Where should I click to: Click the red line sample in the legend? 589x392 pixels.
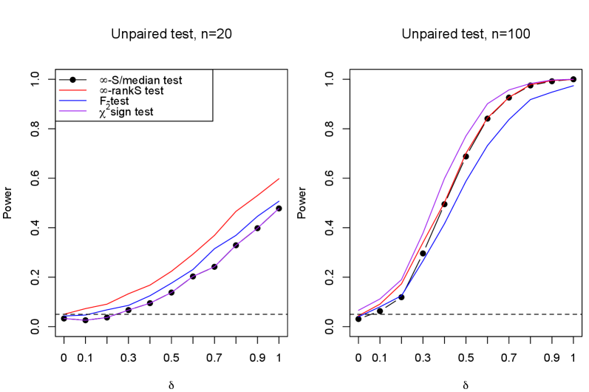[x=72, y=90]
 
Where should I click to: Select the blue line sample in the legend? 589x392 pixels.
[x=72, y=101]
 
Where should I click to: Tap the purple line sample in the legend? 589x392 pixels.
[x=72, y=111]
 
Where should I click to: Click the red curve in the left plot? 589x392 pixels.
[x=194, y=254]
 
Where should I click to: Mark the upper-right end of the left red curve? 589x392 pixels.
[x=279, y=178]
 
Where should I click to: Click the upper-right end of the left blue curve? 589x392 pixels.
[x=279, y=201]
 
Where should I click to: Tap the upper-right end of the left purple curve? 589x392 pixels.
[x=278, y=210]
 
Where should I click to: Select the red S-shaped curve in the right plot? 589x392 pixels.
[x=443, y=203]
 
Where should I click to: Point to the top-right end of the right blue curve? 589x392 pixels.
[x=573, y=86]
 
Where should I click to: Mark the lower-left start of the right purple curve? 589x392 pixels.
[x=358, y=310]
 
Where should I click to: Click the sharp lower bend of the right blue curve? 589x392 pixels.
[x=401, y=296]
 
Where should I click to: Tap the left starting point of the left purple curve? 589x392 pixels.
[x=64, y=318]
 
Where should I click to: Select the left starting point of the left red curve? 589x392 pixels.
[x=64, y=314]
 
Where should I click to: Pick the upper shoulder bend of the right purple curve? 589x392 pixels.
[x=488, y=104]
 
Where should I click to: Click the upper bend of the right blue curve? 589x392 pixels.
[x=531, y=99]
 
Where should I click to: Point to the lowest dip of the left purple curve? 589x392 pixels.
[x=86, y=320]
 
